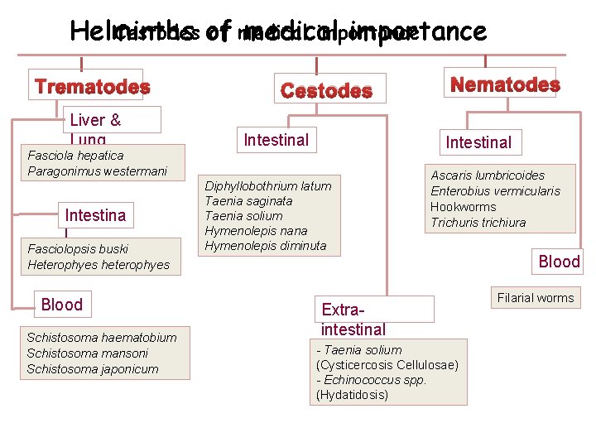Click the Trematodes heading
[x=92, y=87]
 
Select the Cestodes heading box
[x=326, y=90]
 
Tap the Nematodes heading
[x=504, y=84]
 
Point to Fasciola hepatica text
[x=75, y=155]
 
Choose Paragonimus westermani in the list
[x=97, y=171]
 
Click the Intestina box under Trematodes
[x=95, y=215]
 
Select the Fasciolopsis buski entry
[x=78, y=248]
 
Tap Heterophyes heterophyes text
[x=98, y=265]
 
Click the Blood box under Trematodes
[x=62, y=304]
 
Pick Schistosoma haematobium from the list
[x=101, y=337]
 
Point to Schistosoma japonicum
[x=92, y=369]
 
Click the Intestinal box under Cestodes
[x=276, y=140]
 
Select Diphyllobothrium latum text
[x=267, y=185]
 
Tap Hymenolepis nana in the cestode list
[x=255, y=230]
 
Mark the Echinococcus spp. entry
[x=372, y=380]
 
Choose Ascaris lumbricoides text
[x=488, y=175]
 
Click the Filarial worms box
[x=535, y=298]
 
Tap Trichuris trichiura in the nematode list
[x=478, y=222]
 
